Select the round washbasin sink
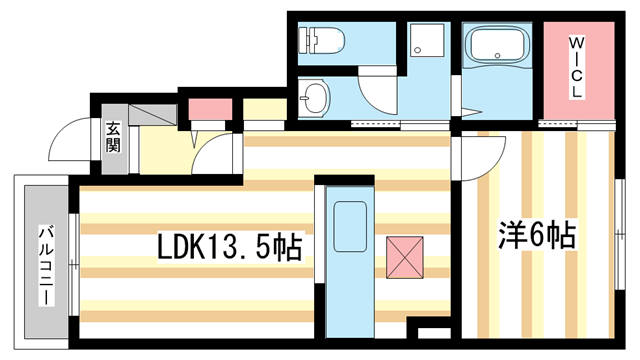(x=316, y=99)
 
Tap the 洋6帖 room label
(x=536, y=236)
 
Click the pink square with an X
(x=405, y=256)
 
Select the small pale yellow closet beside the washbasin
(x=264, y=110)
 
